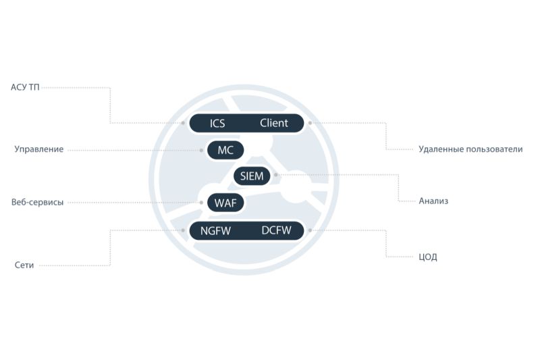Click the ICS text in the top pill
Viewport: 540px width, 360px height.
tap(217, 124)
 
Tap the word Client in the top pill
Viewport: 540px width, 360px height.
tap(274, 123)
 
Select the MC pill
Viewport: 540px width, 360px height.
tap(225, 150)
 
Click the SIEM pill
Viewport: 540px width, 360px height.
tap(252, 176)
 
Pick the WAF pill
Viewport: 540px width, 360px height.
tap(225, 203)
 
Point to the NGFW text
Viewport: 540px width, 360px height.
tap(215, 230)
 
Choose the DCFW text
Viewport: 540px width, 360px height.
tap(276, 230)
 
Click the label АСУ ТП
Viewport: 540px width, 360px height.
tap(25, 87)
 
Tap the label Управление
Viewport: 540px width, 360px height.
tap(39, 149)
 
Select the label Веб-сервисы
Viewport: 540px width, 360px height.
tap(38, 202)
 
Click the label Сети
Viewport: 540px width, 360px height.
tap(24, 265)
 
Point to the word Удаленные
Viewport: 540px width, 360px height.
tap(441, 149)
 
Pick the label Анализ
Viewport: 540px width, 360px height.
tap(433, 201)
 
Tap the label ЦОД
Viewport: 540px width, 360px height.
tap(428, 257)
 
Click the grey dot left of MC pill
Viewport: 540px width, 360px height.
tap(201, 150)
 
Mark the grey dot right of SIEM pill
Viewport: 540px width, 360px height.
tap(276, 175)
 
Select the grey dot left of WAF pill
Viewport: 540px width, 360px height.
tap(201, 203)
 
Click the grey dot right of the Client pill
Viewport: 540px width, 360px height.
tap(310, 123)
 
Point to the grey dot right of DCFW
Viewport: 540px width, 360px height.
tap(310, 230)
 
